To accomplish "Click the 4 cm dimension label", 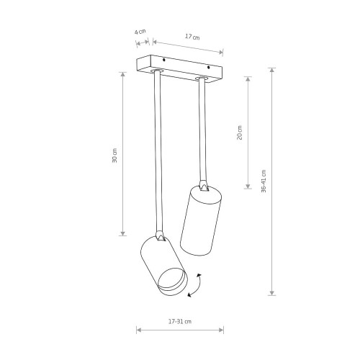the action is tap(140, 32).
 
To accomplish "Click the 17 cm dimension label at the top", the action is tap(192, 37).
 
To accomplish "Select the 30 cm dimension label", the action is tap(114, 156).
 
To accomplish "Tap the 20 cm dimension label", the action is tap(239, 132).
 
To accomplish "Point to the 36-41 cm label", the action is tap(264, 181).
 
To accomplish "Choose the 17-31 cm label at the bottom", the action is tap(180, 321).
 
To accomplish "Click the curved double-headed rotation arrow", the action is tap(195, 285).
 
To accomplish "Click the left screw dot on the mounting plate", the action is tap(163, 60).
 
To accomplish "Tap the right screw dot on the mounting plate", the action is tap(208, 67).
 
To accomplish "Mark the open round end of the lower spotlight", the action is tap(172, 279).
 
